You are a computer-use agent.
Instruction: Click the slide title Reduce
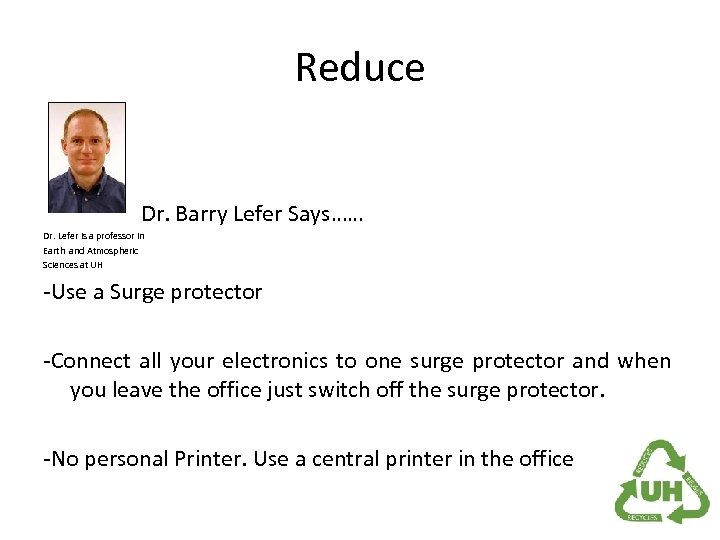(x=360, y=68)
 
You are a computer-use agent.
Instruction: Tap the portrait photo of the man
(x=87, y=157)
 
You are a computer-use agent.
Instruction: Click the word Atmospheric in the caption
(x=113, y=250)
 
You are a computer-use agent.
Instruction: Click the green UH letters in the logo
(x=662, y=490)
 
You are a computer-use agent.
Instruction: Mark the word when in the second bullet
(x=644, y=361)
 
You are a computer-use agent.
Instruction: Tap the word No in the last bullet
(x=62, y=459)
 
